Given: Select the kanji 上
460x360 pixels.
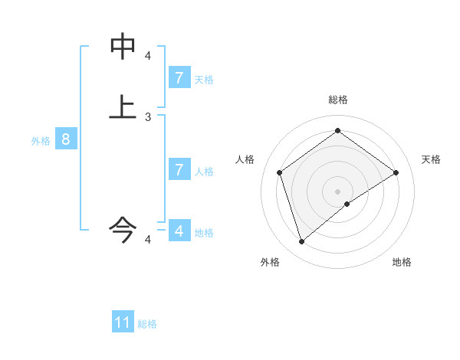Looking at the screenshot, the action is [x=123, y=107].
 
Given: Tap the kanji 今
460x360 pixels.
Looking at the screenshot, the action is [x=123, y=227].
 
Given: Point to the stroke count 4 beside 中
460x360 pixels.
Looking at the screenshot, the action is [x=148, y=56].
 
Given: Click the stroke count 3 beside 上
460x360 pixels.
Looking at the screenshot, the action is [x=148, y=117].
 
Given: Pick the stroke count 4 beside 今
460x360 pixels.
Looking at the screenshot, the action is [x=148, y=240].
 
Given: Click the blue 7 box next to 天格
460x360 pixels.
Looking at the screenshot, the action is [x=179, y=77].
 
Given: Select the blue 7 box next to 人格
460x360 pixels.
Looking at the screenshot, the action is [x=179, y=169].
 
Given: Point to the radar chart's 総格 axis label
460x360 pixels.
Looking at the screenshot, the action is [x=337, y=100].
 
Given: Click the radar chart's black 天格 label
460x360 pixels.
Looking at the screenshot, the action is [x=432, y=159].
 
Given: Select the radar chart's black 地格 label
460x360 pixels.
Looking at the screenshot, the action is [x=402, y=262].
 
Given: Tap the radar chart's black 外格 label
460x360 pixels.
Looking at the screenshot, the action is [x=270, y=262].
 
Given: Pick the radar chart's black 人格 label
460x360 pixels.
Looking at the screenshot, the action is [x=245, y=159].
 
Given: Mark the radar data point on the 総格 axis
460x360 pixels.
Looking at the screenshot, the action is [x=337, y=131].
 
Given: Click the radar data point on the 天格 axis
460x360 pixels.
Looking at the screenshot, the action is [x=396, y=172].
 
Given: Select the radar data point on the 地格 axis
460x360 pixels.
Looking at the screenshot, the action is [x=347, y=204].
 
